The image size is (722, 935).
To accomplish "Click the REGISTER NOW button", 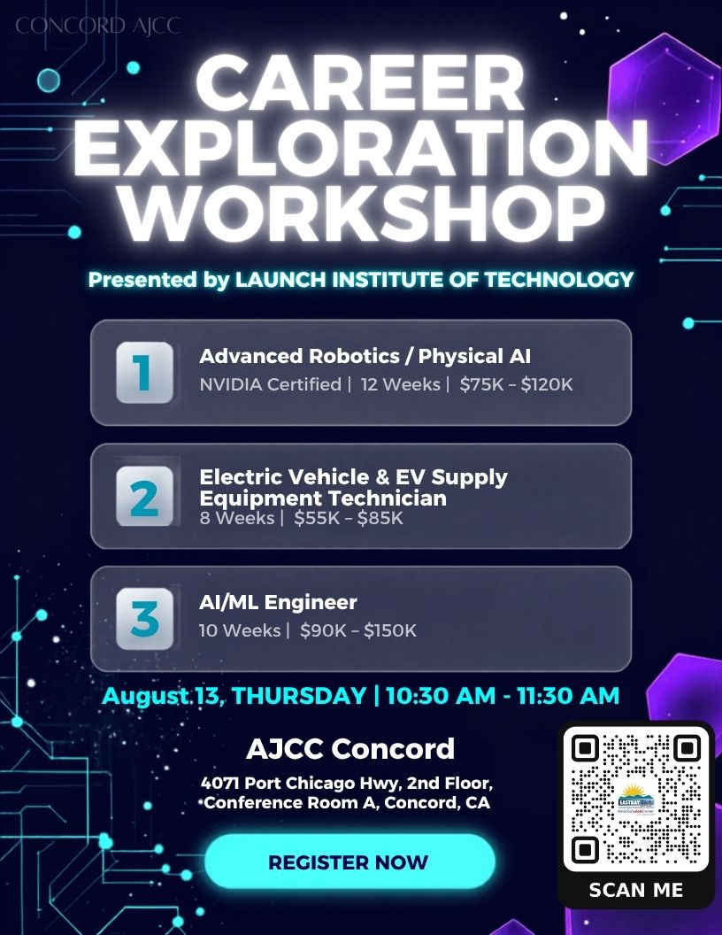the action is [349, 862].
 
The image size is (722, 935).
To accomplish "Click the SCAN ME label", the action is [635, 890].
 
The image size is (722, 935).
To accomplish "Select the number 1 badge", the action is [145, 373].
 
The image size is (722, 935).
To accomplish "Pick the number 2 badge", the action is [145, 496].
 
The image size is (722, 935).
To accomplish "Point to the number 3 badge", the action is [145, 619].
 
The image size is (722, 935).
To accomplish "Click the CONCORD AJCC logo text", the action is [97, 26].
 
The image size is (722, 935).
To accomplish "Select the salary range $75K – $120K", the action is [516, 384].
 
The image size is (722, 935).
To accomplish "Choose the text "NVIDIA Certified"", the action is [271, 384].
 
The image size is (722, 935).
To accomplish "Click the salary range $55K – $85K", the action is [349, 518].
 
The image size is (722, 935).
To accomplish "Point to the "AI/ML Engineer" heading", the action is [278, 602].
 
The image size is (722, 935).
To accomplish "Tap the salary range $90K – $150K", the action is [358, 630].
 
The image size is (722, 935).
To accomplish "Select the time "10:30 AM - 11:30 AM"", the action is [503, 696].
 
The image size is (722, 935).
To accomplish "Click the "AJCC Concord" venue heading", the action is [350, 749].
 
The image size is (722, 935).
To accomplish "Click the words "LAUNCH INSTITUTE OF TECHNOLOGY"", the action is [434, 280].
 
